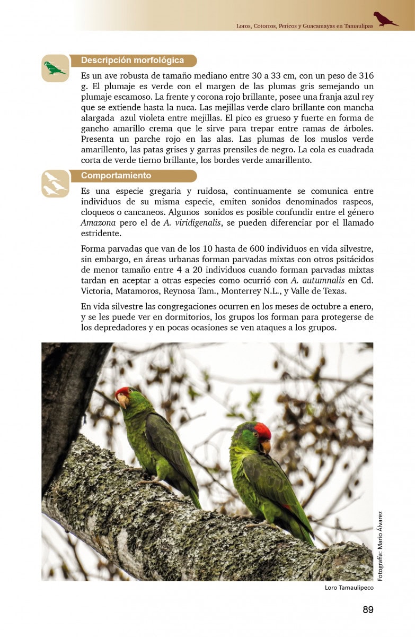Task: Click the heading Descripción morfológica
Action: point(133,61)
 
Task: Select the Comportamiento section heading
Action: point(116,176)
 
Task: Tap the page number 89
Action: point(368,609)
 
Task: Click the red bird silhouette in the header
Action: point(385,19)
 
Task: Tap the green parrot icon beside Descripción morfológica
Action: point(55,68)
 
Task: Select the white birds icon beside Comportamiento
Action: point(55,184)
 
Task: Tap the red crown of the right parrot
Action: point(262,430)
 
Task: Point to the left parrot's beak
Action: point(123,402)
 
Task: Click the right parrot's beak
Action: point(266,446)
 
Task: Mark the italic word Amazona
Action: point(98,222)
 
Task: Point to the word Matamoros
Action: point(145,291)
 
